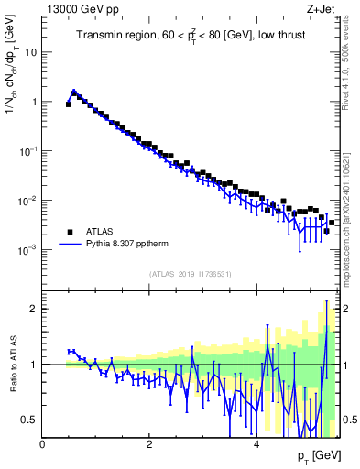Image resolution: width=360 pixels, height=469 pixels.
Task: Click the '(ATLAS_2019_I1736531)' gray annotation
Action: tap(190, 274)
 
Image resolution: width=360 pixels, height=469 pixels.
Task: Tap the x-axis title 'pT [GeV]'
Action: tap(314, 455)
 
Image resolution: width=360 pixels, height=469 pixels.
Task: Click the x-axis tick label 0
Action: tap(43, 443)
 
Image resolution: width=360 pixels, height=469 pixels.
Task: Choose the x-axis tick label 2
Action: tap(149, 443)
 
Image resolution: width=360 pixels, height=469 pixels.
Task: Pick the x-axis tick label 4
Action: tap(256, 443)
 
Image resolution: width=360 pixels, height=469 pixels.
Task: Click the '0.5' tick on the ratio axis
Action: tap(30, 420)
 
